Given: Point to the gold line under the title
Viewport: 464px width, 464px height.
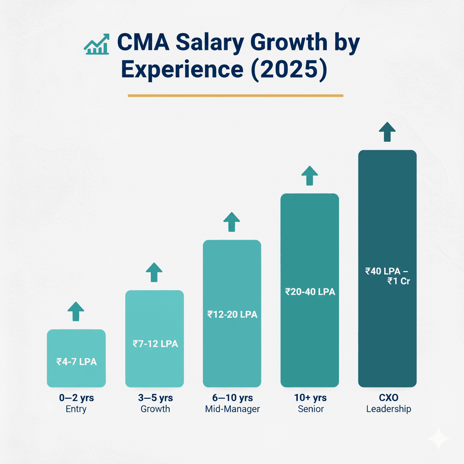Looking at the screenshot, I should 235,96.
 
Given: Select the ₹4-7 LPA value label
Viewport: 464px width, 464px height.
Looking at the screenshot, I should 76,362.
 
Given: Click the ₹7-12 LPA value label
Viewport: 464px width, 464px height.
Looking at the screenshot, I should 155,344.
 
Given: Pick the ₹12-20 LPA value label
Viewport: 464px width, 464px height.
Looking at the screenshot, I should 232,314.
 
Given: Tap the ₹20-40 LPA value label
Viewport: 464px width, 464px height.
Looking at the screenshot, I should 310,292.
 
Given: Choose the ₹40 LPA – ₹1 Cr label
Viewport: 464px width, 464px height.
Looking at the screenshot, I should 387,276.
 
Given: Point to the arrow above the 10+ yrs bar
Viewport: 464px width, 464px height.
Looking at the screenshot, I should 309,176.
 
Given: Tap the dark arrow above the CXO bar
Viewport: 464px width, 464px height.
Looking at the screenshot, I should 387,132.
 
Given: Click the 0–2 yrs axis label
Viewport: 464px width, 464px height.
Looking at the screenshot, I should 76,398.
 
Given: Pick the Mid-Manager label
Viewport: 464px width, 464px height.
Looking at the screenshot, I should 232,409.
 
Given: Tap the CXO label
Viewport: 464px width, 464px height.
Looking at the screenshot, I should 388,398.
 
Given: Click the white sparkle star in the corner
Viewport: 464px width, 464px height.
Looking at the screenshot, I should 439,439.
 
